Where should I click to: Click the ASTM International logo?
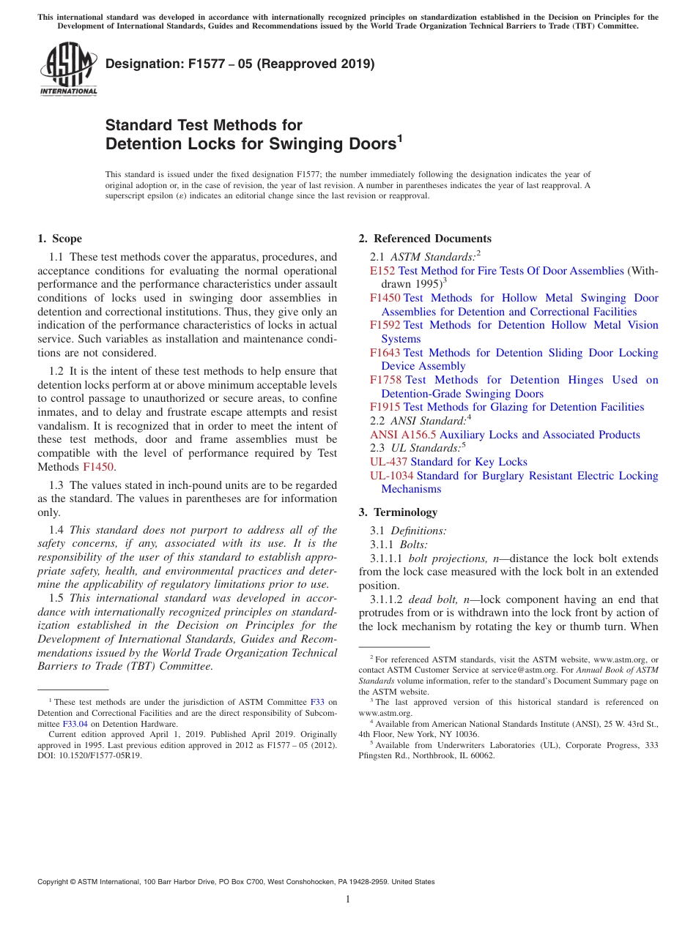click(x=68, y=69)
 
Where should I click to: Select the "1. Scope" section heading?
click(x=59, y=239)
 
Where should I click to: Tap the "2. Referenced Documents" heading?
click(x=425, y=239)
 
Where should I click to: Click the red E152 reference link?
click(x=382, y=271)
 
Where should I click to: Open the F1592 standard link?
click(x=385, y=325)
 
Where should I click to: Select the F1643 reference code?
click(x=385, y=353)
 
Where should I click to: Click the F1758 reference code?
click(x=385, y=380)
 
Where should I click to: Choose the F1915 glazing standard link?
click(x=385, y=407)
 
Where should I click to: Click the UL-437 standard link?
click(x=388, y=462)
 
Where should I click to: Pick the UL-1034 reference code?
click(x=391, y=476)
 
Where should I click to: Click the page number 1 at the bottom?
click(x=348, y=900)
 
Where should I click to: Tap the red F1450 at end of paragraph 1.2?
click(x=98, y=466)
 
